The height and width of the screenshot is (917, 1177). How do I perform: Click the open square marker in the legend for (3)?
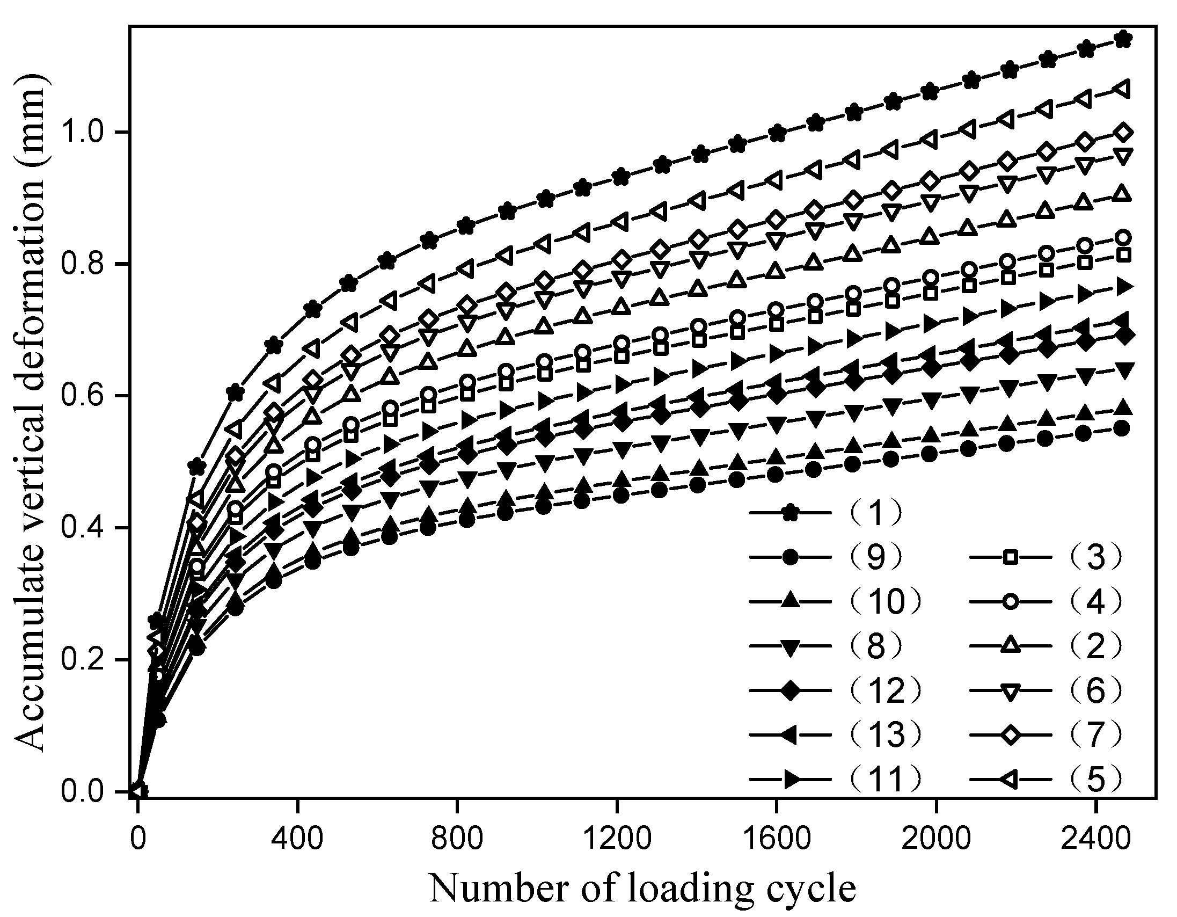1011,557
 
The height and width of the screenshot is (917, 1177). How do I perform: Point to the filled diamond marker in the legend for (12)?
790,690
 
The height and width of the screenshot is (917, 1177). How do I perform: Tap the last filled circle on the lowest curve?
1123,429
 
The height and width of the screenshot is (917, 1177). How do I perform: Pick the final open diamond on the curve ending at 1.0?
1123,132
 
